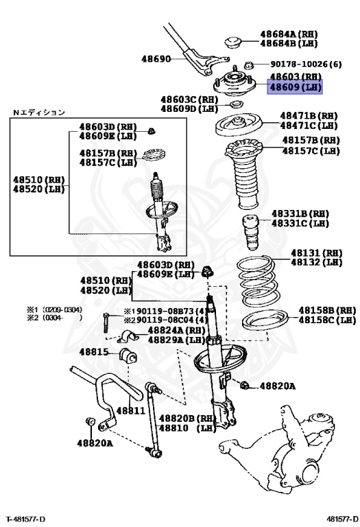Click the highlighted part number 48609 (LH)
[296, 87]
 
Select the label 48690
[156, 59]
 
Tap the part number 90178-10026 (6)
[306, 64]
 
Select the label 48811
[131, 410]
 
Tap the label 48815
[94, 352]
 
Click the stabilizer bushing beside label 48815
[128, 356]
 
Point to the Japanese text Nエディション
[39, 113]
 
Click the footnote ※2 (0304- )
[54, 318]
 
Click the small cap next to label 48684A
[232, 42]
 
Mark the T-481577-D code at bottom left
[25, 519]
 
